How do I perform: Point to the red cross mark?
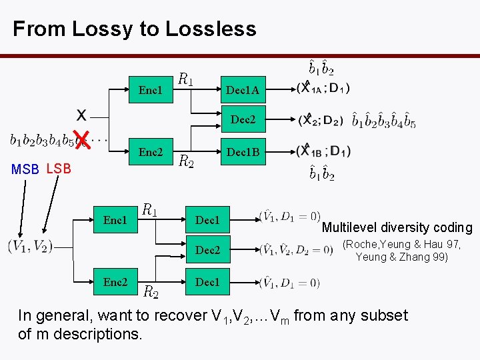tap(81, 139)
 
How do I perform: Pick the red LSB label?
tap(59, 168)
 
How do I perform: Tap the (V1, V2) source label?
tap(30, 246)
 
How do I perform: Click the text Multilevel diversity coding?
tap(397, 227)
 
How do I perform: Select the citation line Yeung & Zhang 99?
tap(401, 257)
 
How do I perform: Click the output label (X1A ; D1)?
tap(324, 87)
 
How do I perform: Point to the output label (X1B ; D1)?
tap(324, 150)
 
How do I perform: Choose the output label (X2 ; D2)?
tap(321, 120)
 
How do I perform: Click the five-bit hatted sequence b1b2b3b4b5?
tap(384, 121)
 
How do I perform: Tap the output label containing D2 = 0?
tap(296, 250)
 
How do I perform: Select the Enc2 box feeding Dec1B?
tap(151, 152)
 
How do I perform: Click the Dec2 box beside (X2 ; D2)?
tap(243, 120)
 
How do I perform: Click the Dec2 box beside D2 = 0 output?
tap(207, 250)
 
